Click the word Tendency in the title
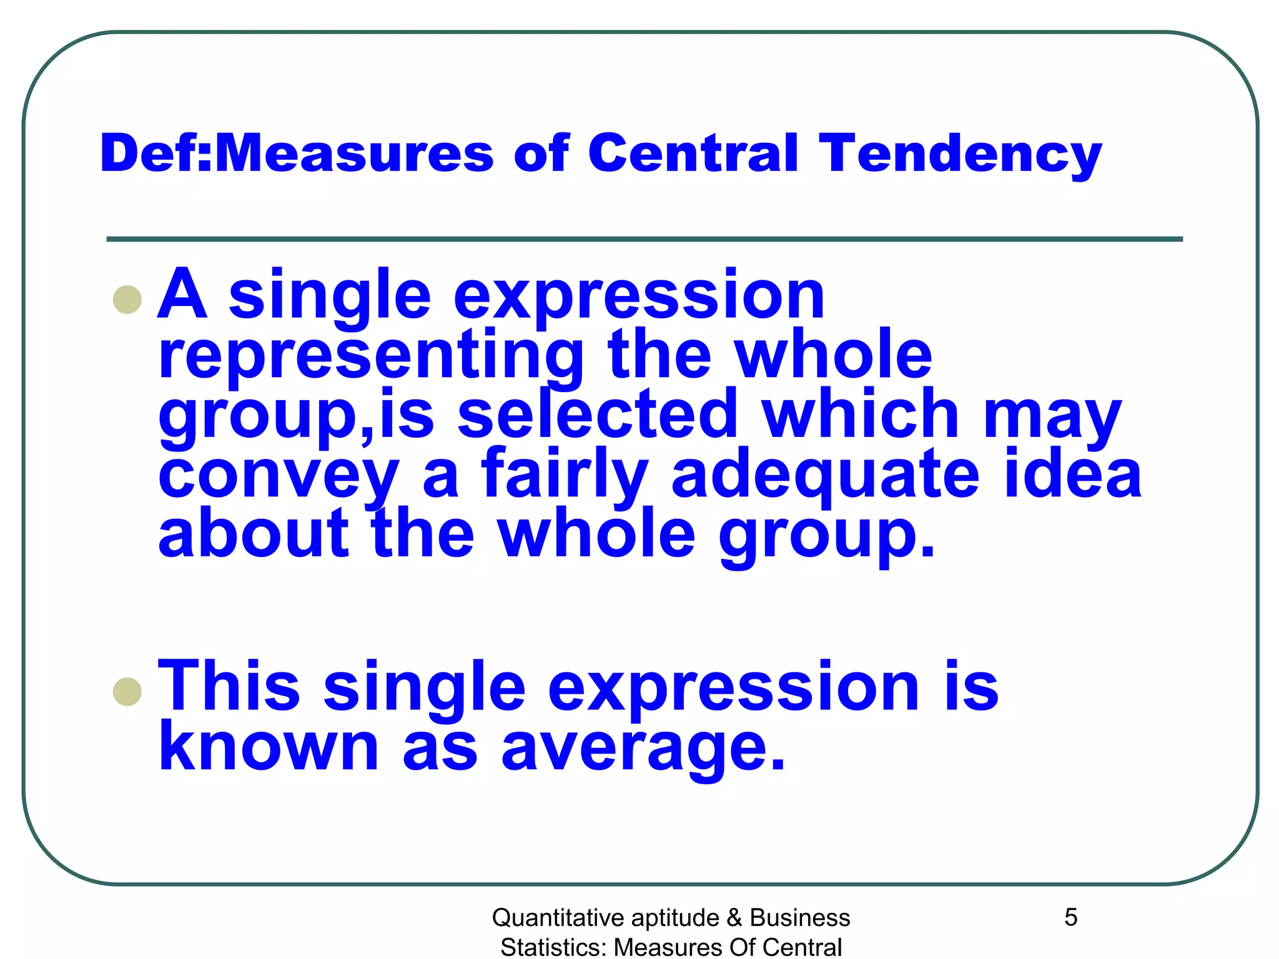[960, 154]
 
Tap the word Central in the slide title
[693, 154]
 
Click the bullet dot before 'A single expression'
[127, 300]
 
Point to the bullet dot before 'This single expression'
[127, 691]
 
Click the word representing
[372, 356]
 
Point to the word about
[254, 534]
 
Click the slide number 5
[1071, 917]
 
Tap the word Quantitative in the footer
[558, 918]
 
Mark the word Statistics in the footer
[554, 947]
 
